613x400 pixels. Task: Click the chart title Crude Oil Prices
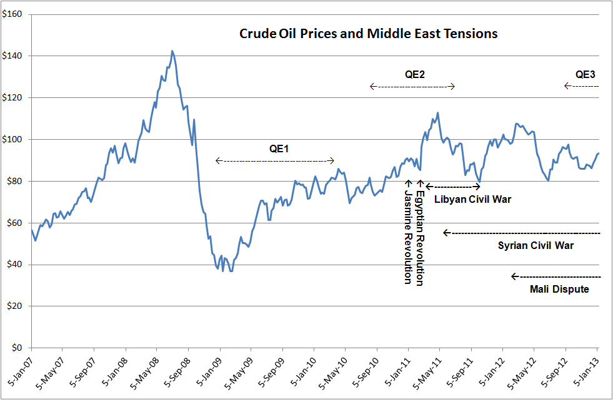(x=369, y=34)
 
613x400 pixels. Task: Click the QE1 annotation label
(x=279, y=149)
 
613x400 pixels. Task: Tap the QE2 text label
(x=415, y=74)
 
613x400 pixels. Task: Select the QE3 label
(x=586, y=74)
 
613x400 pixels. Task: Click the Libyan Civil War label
(x=472, y=200)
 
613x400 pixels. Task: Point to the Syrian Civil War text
(x=536, y=245)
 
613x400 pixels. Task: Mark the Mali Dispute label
(x=559, y=289)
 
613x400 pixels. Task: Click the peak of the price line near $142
(x=172, y=51)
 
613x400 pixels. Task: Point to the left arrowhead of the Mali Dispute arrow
(x=514, y=276)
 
